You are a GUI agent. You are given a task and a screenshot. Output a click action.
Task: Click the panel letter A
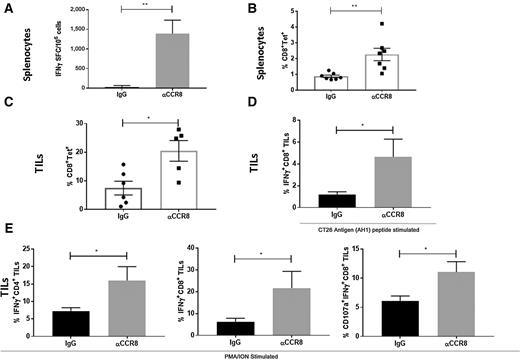8,7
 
